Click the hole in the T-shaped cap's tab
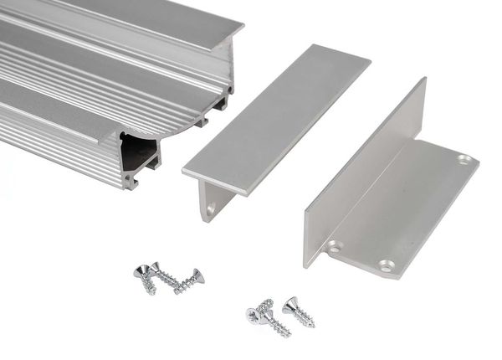click(211, 206)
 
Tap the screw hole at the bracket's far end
click(464, 159)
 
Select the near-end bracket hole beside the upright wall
click(335, 247)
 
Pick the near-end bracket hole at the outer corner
click(386, 265)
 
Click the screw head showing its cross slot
click(255, 315)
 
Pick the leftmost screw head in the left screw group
click(142, 270)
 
